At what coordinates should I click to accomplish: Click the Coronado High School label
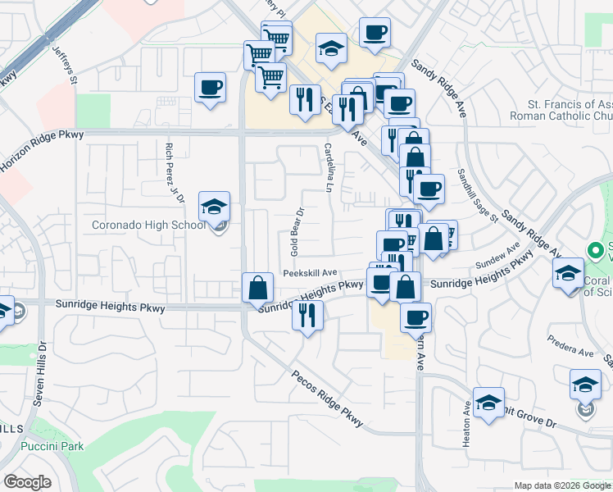148,225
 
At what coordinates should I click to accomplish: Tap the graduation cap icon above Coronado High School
214,207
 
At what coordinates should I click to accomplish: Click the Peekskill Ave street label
311,272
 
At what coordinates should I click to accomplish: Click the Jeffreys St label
64,65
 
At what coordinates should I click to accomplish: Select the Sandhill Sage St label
479,195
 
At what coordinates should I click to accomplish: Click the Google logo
28,482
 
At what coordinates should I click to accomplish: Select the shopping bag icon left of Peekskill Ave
257,287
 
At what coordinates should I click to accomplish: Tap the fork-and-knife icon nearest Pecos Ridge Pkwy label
307,315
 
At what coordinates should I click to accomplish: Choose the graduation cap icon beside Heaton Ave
488,403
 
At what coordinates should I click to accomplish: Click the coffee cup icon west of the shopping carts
210,88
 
